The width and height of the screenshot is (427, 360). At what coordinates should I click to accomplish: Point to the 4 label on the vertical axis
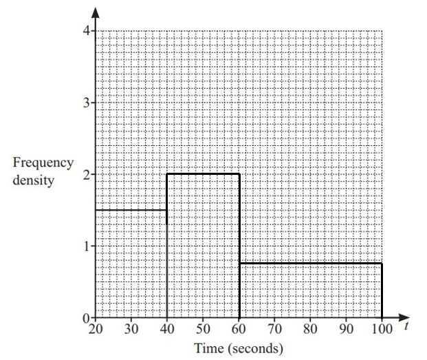87,31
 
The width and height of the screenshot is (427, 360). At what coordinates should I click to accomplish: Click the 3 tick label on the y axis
87,103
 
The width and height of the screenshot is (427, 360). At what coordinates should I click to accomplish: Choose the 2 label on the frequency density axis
87,175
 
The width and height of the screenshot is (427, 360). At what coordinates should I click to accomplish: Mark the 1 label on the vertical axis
87,246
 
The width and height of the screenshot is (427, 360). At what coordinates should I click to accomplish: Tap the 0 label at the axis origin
87,318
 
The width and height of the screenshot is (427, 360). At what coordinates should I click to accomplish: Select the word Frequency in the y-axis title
43,163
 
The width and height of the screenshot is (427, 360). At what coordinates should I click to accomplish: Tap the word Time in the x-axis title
209,348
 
